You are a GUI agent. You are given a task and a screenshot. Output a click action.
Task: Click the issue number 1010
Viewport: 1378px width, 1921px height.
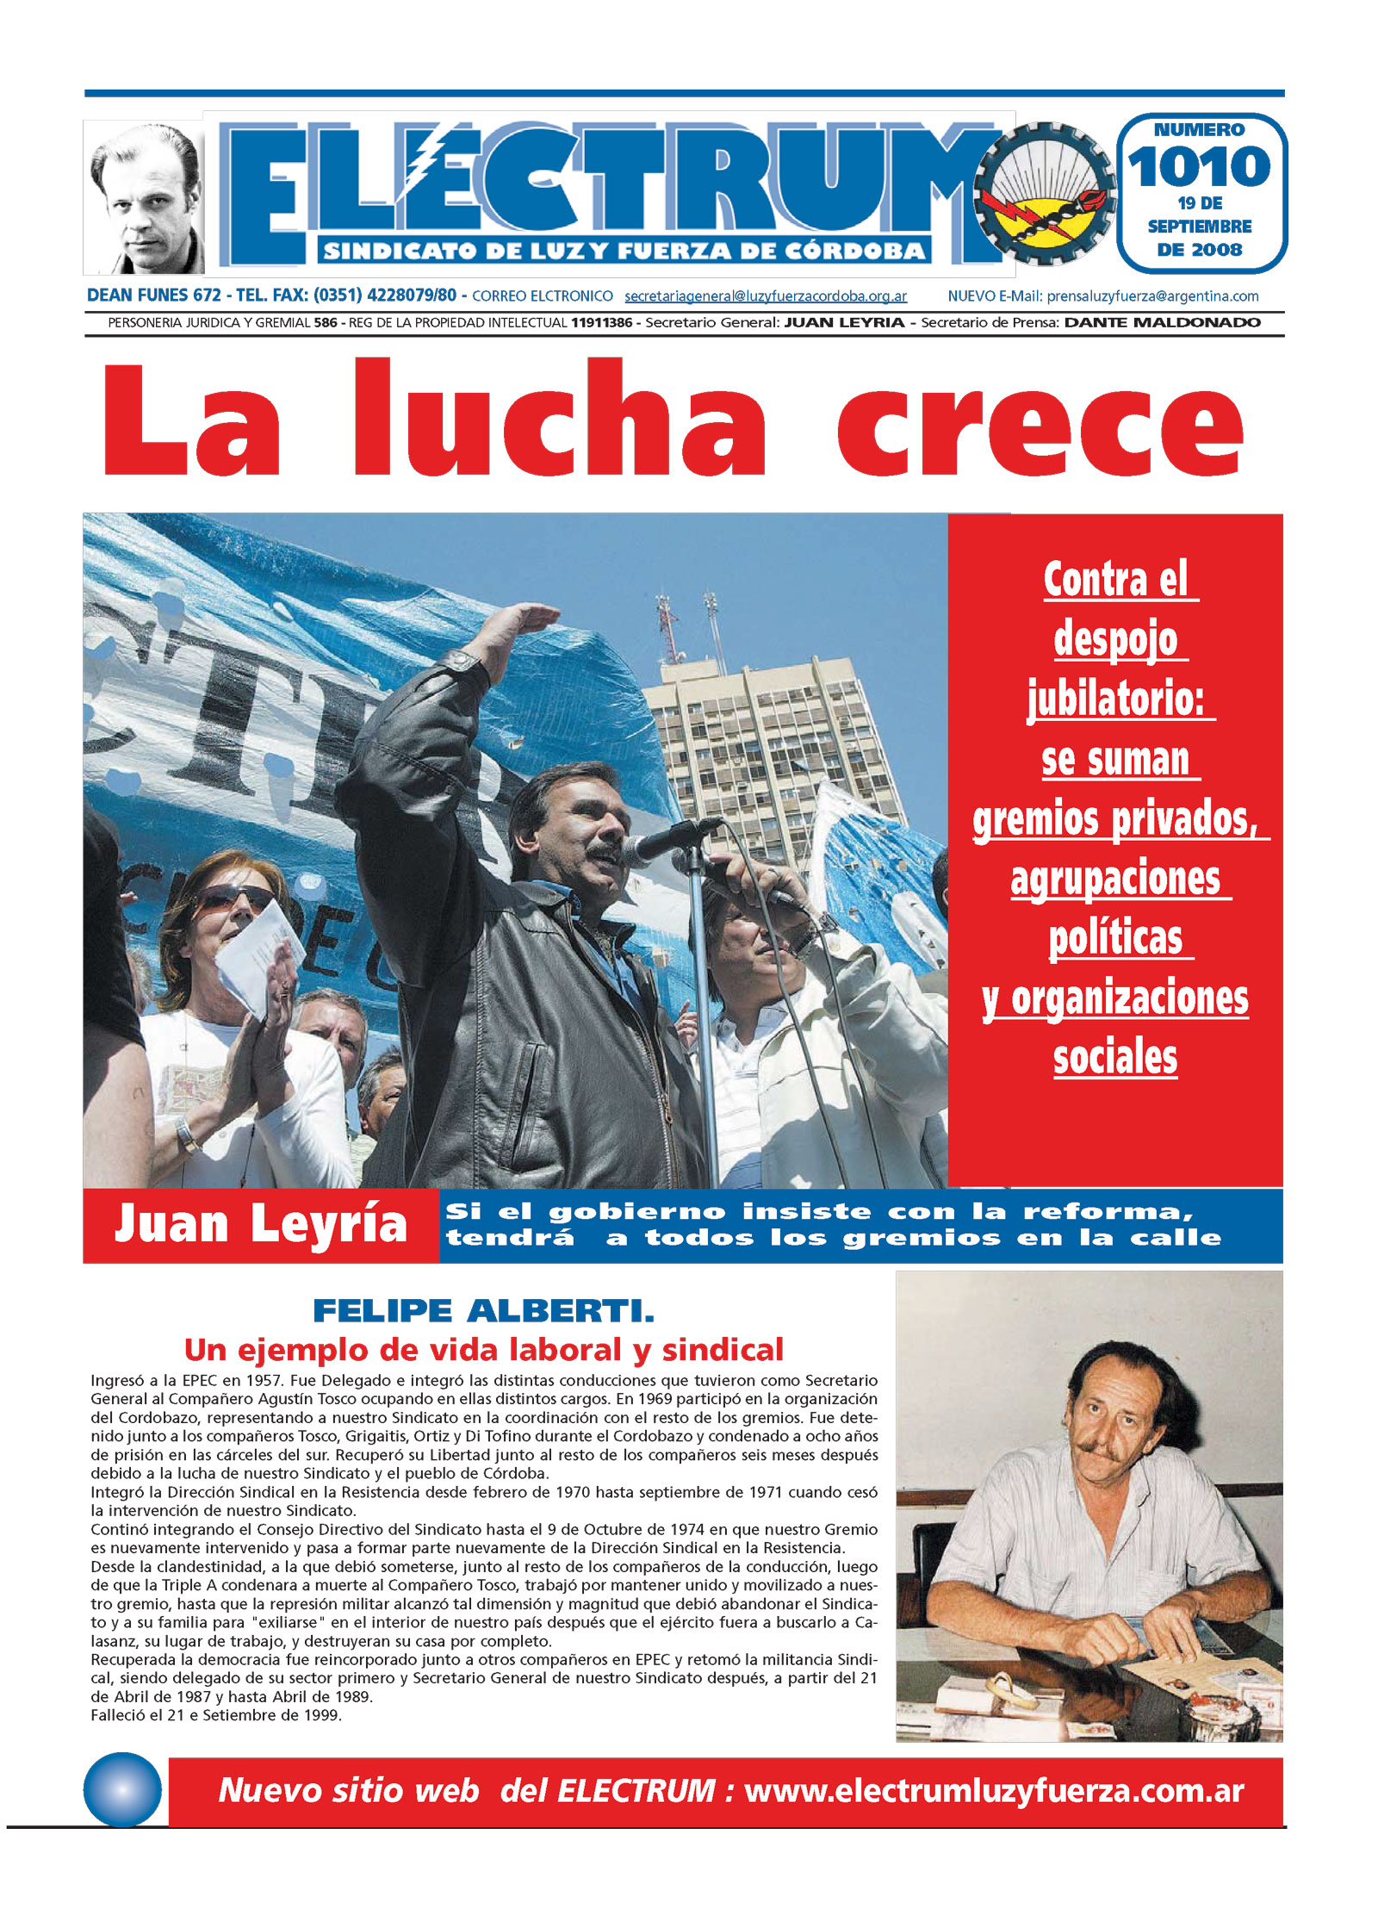point(1199,167)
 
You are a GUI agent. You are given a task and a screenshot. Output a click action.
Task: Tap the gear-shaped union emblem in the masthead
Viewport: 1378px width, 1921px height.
point(1045,194)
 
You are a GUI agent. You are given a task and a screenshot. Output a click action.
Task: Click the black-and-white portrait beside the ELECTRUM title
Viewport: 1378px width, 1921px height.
point(144,198)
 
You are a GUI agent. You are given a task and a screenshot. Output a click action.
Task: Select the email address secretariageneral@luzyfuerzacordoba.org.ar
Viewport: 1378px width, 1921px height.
point(766,296)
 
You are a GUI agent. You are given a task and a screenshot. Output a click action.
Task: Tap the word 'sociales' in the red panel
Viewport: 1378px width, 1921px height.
point(1115,1058)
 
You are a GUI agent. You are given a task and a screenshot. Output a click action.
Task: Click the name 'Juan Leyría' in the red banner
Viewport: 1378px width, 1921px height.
point(261,1224)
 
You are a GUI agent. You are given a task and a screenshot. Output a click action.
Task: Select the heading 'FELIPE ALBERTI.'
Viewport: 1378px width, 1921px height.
point(483,1311)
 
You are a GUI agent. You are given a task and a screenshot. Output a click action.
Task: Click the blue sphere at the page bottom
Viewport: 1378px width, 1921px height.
point(122,1790)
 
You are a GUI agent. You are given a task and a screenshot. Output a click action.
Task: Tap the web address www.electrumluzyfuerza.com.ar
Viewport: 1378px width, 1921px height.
point(994,1791)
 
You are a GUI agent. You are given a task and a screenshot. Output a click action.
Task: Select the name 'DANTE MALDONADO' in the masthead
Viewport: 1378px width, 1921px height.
point(1162,323)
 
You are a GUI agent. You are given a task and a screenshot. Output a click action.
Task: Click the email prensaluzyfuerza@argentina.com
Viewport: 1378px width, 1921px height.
point(1152,296)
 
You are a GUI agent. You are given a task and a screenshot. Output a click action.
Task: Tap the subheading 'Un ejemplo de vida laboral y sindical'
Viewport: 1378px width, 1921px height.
point(483,1349)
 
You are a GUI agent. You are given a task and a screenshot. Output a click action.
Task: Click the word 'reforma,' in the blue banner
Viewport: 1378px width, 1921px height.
point(1108,1212)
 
